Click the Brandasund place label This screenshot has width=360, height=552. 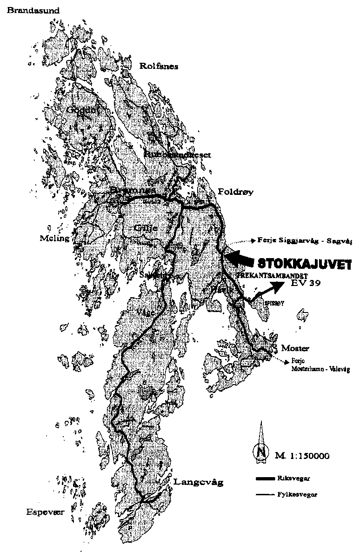point(27,10)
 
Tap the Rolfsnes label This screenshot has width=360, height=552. point(159,66)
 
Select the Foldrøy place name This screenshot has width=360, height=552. point(236,192)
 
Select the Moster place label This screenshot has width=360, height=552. point(295,348)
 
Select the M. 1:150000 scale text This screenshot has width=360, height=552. point(302,456)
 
